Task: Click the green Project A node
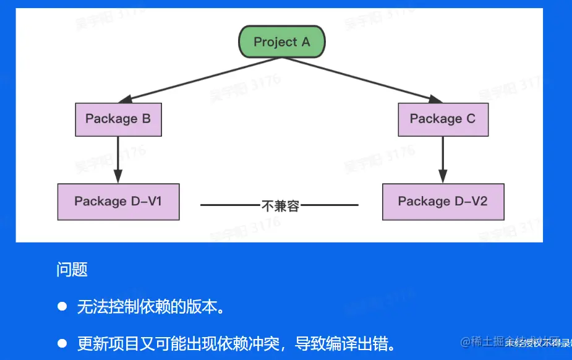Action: click(x=281, y=42)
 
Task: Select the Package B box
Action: click(x=118, y=119)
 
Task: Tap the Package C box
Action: click(x=443, y=119)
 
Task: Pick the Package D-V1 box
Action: click(x=118, y=202)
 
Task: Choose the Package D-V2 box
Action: click(x=443, y=202)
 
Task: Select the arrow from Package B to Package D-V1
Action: click(x=118, y=159)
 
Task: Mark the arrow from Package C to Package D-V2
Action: click(x=443, y=159)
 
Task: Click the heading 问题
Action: click(x=72, y=270)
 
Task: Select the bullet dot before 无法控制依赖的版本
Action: click(x=62, y=306)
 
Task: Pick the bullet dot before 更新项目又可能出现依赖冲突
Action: click(x=62, y=343)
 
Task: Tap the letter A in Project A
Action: click(x=305, y=42)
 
